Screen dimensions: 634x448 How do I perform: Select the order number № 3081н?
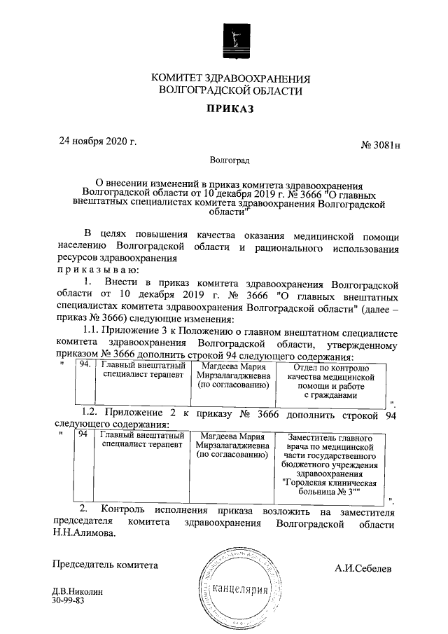(384, 145)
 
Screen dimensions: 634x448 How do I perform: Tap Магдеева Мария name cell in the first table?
(232, 375)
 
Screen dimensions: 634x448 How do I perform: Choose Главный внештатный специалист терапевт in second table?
(142, 441)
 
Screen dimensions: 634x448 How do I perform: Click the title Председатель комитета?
(106, 564)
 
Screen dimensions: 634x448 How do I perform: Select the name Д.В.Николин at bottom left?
(77, 593)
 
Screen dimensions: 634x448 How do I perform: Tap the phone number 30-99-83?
(68, 602)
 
